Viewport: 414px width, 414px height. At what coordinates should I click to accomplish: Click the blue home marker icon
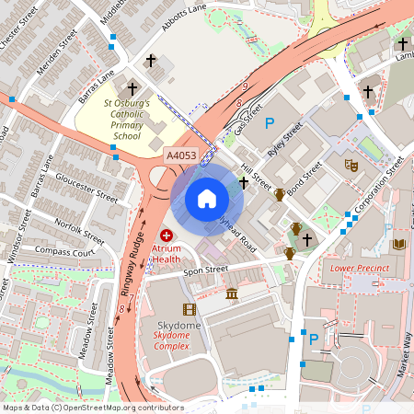coord(207,198)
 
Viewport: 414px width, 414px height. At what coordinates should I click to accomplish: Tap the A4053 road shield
coord(180,156)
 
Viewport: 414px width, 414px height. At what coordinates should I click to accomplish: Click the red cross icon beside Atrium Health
coord(167,236)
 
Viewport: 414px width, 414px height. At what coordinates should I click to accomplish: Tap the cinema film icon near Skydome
coord(190,309)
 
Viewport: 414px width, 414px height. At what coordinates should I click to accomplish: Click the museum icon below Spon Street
coord(232,293)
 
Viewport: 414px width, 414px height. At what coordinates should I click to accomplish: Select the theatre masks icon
coord(350,165)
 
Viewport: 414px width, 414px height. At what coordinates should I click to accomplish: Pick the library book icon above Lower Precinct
coord(398,243)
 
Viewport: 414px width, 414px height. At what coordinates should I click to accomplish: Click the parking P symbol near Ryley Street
coord(270,123)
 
